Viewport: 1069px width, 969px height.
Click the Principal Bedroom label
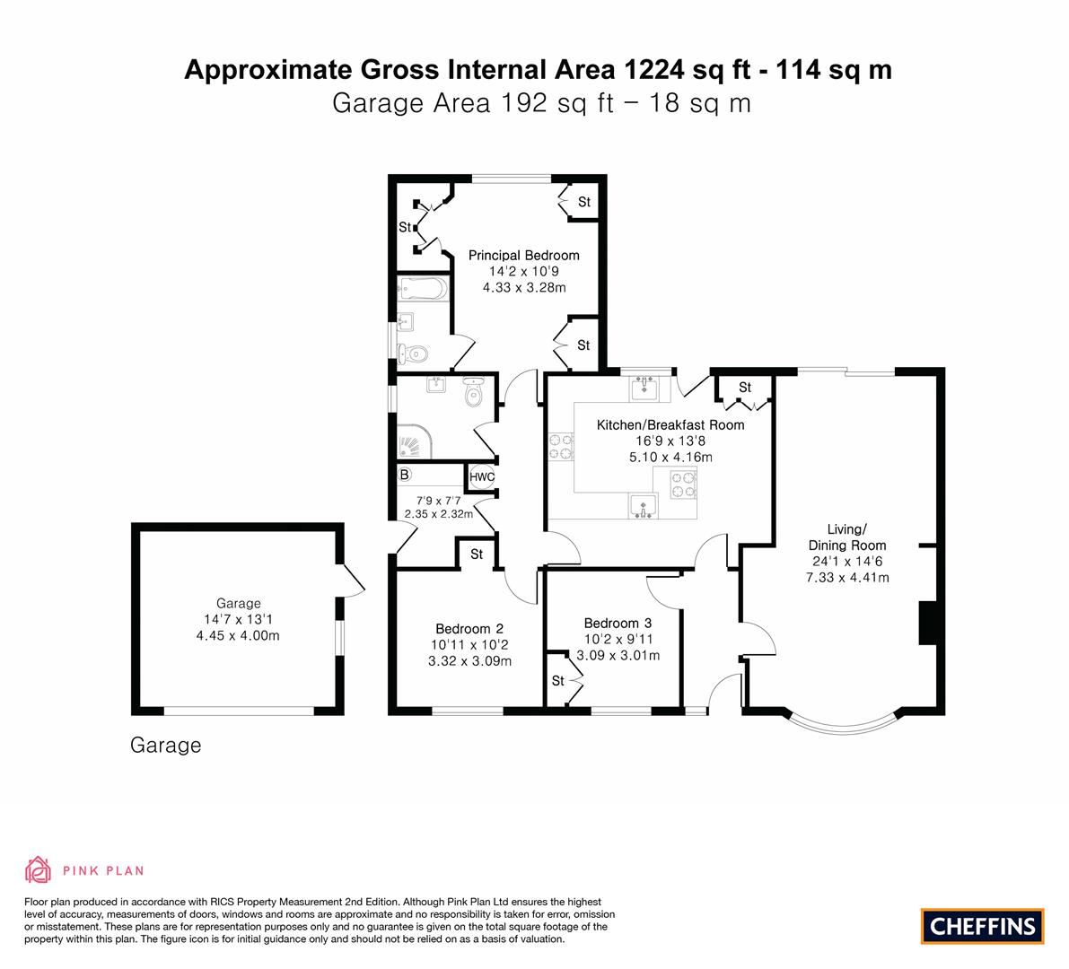523,256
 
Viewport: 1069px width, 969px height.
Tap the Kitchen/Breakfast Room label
670,425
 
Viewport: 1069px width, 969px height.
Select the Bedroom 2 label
469,629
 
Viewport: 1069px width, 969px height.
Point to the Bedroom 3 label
618,623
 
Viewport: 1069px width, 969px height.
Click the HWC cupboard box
482,477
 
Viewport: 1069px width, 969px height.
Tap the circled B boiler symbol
404,475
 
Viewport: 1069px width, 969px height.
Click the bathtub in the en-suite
423,289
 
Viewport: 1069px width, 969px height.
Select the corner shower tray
414,441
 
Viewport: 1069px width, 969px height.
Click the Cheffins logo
983,926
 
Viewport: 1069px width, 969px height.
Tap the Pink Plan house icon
39,869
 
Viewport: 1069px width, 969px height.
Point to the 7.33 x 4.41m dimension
847,578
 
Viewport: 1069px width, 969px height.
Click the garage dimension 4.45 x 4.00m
238,636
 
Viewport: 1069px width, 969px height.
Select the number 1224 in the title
653,69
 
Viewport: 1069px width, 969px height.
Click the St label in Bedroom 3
557,681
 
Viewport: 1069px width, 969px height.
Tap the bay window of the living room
846,727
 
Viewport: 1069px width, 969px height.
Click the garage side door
352,580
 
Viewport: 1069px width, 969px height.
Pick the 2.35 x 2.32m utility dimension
438,514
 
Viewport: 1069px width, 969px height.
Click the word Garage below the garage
166,746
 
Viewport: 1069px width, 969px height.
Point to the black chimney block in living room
927,623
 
